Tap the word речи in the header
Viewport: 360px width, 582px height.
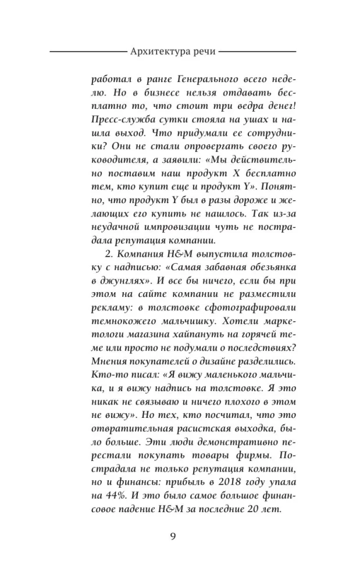point(203,51)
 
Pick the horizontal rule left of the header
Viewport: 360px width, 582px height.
point(87,51)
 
